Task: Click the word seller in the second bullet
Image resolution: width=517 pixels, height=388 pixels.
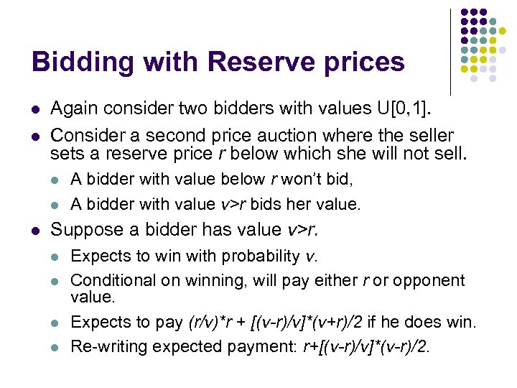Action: coord(428,135)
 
